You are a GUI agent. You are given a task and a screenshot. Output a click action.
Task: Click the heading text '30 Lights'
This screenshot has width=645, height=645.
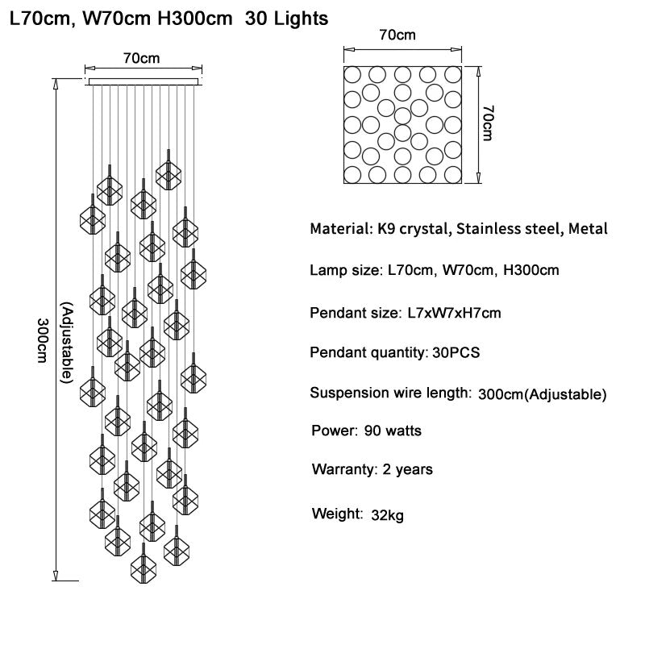(x=286, y=19)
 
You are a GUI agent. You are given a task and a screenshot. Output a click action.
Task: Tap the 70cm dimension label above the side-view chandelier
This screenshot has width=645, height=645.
(x=141, y=58)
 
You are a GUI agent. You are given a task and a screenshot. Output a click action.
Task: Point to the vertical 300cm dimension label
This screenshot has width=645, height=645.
(x=43, y=340)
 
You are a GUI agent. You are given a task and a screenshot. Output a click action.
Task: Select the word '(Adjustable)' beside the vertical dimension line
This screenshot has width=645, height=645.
(x=67, y=343)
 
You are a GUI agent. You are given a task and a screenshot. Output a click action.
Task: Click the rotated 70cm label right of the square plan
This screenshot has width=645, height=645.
(x=488, y=123)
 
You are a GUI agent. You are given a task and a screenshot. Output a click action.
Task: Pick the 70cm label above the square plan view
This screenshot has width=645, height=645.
(x=397, y=35)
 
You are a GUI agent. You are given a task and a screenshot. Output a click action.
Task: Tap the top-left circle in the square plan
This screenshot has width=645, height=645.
(x=352, y=75)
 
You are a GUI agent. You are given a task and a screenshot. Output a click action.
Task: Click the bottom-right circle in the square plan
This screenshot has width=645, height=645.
(x=453, y=174)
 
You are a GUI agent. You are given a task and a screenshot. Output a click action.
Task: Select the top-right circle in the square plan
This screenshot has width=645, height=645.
(x=453, y=75)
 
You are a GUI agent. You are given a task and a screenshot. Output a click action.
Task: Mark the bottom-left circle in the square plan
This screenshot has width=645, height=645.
(x=352, y=174)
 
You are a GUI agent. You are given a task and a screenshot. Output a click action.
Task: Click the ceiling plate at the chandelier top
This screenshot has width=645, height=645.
(x=144, y=82)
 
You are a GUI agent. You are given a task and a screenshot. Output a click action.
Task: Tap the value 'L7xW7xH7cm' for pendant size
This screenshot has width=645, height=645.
(x=454, y=313)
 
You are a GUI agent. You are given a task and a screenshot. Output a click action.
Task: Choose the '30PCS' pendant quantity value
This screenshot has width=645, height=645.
(x=456, y=352)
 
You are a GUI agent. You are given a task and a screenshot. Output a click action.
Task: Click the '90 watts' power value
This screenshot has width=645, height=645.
(x=393, y=431)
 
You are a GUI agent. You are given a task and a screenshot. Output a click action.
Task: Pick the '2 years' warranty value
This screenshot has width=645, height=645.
(x=408, y=469)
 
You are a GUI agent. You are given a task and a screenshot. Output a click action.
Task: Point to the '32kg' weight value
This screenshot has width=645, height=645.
(x=387, y=515)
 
